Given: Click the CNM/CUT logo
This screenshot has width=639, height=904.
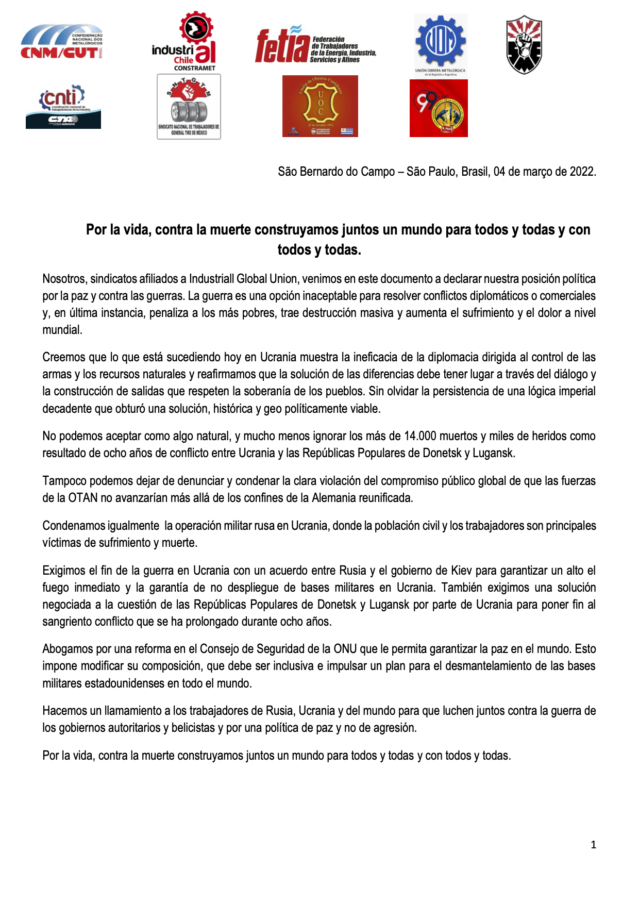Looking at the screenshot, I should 62,42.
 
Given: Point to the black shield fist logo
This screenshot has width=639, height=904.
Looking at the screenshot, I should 524,45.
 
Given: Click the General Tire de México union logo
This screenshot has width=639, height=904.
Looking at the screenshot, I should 189,107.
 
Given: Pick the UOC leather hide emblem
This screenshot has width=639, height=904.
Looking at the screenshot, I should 320,106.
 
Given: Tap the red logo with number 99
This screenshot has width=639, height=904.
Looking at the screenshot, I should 439,108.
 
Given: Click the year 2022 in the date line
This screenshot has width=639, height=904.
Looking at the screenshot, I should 582,172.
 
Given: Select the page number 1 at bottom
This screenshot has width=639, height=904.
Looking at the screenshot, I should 593,845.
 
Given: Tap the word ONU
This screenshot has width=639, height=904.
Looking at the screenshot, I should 345,649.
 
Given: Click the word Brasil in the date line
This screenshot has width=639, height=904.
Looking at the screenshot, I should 475,172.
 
